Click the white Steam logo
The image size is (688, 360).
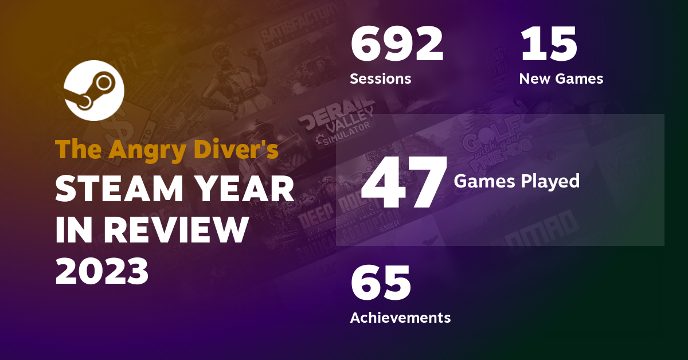(x=93, y=91)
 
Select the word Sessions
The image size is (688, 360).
(x=380, y=79)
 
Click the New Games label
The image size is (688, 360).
(x=561, y=79)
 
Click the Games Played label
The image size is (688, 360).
(x=517, y=182)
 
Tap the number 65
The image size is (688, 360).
(x=381, y=283)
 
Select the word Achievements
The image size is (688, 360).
(x=400, y=317)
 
